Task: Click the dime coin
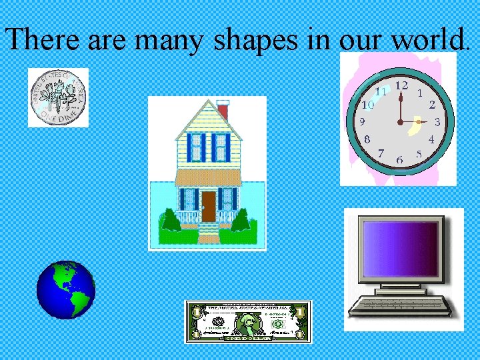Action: point(58,97)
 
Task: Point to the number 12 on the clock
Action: point(401,86)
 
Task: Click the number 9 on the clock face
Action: point(361,123)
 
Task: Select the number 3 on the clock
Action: point(437,123)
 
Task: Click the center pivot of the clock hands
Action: point(400,122)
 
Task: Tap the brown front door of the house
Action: point(209,206)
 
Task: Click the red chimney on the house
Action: point(223,109)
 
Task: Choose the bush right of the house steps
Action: point(240,221)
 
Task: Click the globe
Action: point(66,290)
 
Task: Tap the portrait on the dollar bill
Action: point(249,323)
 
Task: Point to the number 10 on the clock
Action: point(367,105)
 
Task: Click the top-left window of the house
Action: point(196,147)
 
